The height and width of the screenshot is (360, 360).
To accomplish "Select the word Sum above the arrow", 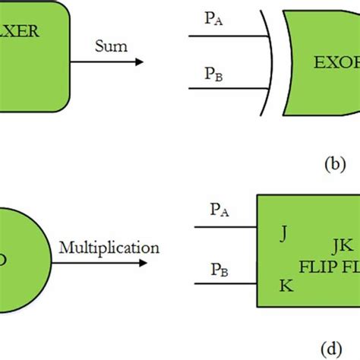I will (x=110, y=46).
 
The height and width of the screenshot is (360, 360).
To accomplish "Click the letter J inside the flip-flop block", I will (x=283, y=234).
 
